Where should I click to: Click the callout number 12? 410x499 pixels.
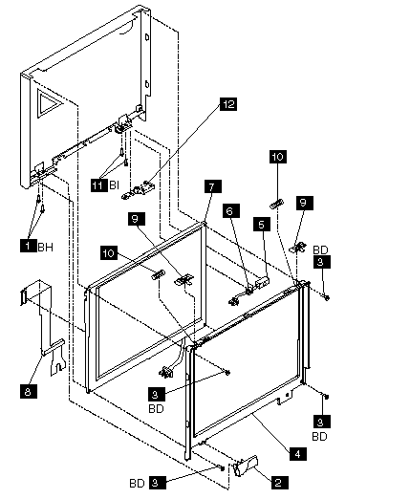pyautogui.click(x=228, y=104)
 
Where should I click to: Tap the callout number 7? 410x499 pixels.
pyautogui.click(x=213, y=186)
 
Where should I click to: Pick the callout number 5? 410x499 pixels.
pyautogui.click(x=262, y=225)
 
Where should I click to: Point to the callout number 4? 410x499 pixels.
pyautogui.click(x=298, y=454)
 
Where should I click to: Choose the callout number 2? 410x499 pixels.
pyautogui.click(x=279, y=482)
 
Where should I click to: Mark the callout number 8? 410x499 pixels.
pyautogui.click(x=29, y=391)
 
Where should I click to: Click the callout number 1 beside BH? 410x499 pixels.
pyautogui.click(x=28, y=246)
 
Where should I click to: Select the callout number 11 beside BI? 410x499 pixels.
pyautogui.click(x=98, y=184)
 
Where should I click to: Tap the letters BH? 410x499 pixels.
pyautogui.click(x=46, y=247)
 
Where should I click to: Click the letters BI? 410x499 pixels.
pyautogui.click(x=114, y=185)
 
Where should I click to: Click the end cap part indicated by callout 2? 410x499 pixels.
pyautogui.click(x=246, y=466)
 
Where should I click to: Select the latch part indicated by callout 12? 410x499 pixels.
pyautogui.click(x=137, y=190)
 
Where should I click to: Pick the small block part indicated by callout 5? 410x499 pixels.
pyautogui.click(x=263, y=282)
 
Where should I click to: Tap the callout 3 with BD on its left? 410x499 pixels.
pyautogui.click(x=155, y=483)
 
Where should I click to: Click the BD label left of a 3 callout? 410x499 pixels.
pyautogui.click(x=138, y=484)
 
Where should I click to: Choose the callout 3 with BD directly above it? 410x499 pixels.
pyautogui.click(x=322, y=262)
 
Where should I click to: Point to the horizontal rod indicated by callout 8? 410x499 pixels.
pyautogui.click(x=54, y=346)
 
